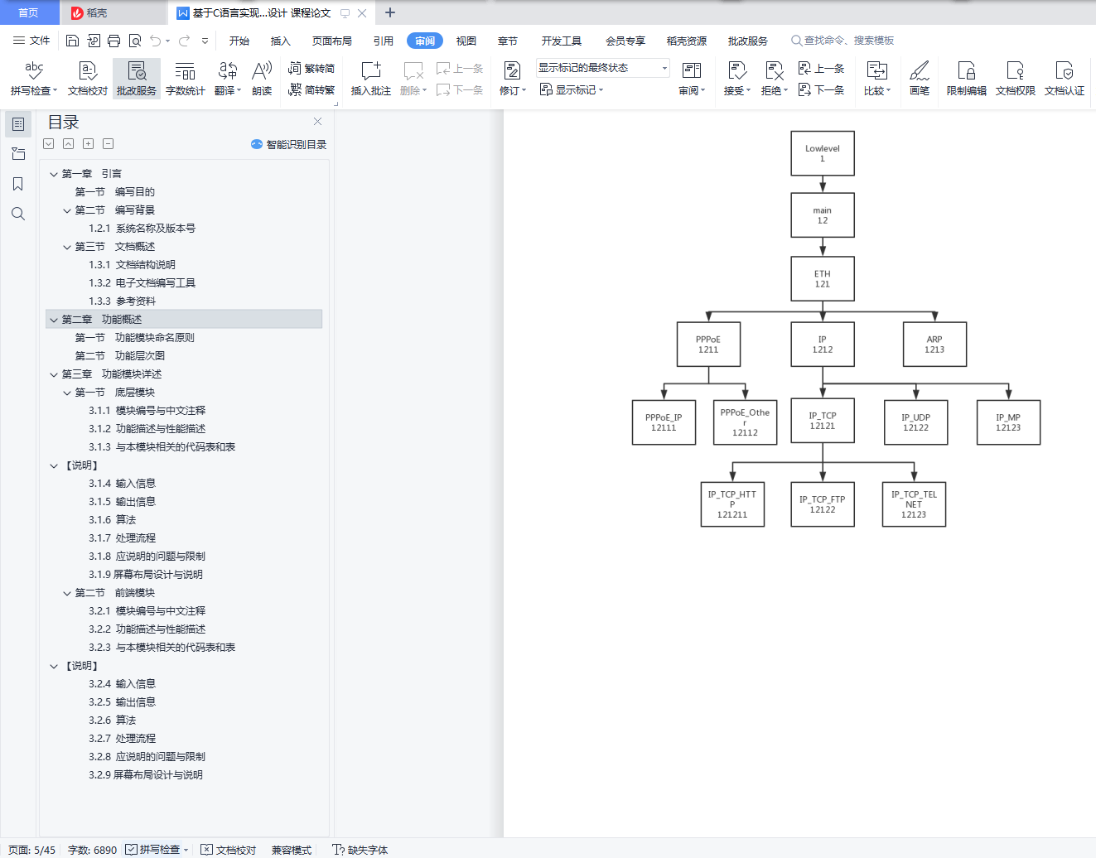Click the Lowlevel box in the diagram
pos(822,153)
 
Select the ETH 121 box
pos(822,279)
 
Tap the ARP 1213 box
pos(934,345)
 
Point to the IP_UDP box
pos(915,422)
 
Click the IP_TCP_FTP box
pos(822,504)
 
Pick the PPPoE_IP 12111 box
pos(664,422)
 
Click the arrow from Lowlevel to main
pos(822,184)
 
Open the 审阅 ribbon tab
pos(425,41)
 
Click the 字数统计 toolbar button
pos(185,79)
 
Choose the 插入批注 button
pos(370,79)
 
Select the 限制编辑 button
pos(966,79)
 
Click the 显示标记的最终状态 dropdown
pos(603,68)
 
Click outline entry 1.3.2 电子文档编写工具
pos(142,282)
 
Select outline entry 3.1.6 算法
pos(112,519)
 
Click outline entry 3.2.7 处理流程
pos(122,738)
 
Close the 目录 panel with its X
pos(317,122)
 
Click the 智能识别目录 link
pos(289,145)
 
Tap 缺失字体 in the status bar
pos(360,850)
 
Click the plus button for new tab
pos(390,12)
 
